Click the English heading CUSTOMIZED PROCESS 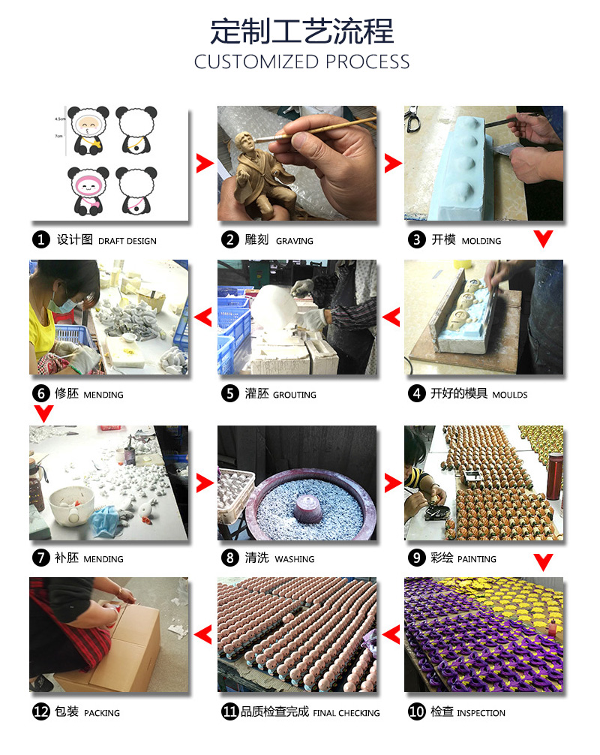click(301, 62)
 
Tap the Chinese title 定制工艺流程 click(301, 32)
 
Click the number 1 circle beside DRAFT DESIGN click(41, 240)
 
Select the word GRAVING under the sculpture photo click(295, 241)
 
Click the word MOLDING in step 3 click(481, 241)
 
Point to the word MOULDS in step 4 click(509, 395)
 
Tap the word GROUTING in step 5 click(295, 395)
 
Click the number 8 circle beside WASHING click(230, 558)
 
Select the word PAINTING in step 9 click(477, 559)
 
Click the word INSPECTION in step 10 click(481, 713)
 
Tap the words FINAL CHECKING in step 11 click(346, 713)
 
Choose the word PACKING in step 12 click(101, 713)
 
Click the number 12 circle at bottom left click(41, 711)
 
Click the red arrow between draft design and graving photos click(204, 164)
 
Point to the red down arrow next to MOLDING click(543, 239)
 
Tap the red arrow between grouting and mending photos click(202, 317)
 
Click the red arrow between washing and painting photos click(392, 483)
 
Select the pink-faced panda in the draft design click(88, 191)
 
